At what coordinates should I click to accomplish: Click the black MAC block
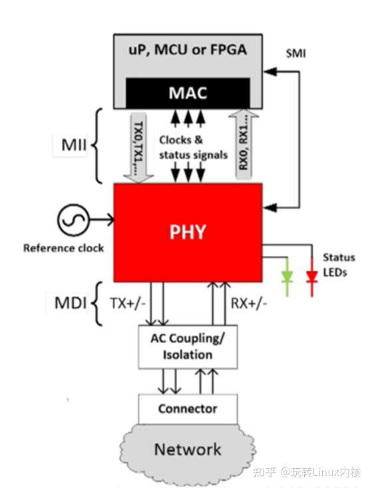(x=188, y=92)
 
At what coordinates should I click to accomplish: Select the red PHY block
(x=188, y=232)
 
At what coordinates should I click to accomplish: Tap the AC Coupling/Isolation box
(x=188, y=346)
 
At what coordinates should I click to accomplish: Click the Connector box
(x=188, y=408)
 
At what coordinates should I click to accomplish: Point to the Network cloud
(x=188, y=449)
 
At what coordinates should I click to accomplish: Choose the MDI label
(x=71, y=304)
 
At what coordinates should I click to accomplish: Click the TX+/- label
(x=128, y=304)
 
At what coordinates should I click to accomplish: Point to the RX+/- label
(x=249, y=304)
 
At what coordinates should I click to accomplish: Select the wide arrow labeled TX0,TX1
(x=139, y=146)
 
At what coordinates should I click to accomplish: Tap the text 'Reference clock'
(x=64, y=248)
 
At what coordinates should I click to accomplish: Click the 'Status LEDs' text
(x=339, y=265)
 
